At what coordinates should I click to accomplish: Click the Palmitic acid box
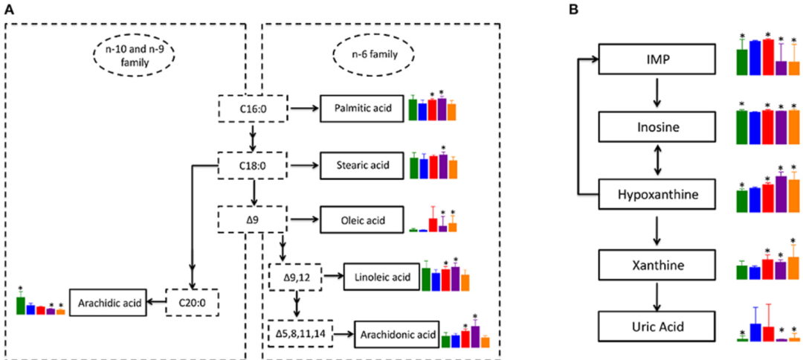[x=362, y=109]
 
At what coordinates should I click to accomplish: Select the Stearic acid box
[x=362, y=165]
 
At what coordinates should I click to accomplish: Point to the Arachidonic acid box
[x=396, y=335]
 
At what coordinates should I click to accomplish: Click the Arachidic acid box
[x=107, y=302]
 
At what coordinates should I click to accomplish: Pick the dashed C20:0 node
[x=189, y=302]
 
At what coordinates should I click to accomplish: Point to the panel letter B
[x=573, y=10]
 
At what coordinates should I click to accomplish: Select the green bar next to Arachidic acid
[x=21, y=305]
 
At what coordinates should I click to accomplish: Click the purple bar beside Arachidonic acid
[x=475, y=337]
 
